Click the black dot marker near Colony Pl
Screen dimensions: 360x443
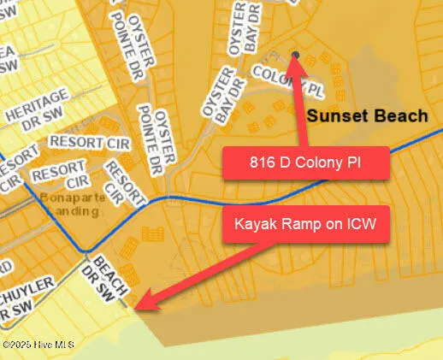(295, 56)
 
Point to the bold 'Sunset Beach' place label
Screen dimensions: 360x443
(367, 115)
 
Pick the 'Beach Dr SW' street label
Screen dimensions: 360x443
(110, 278)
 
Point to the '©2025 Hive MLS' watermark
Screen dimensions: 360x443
(38, 345)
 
